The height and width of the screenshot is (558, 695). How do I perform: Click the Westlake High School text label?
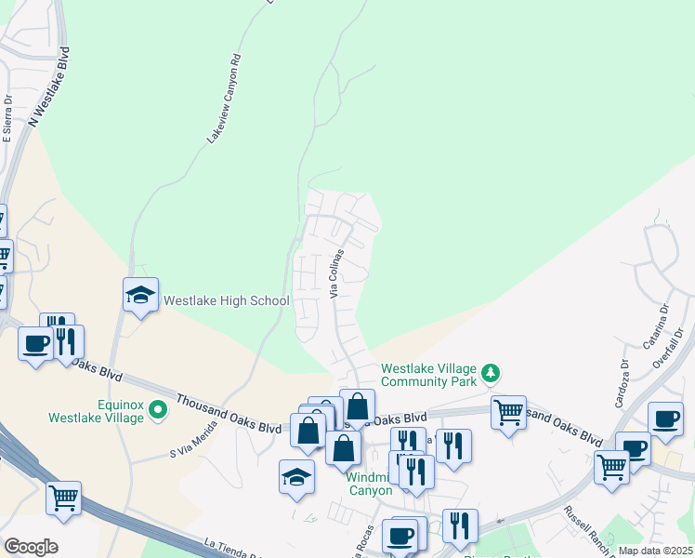(x=227, y=300)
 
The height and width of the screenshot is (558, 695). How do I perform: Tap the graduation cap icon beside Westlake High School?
(x=140, y=295)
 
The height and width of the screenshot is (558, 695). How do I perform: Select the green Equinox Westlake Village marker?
(x=158, y=407)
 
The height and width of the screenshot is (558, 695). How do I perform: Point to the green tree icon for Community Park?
(x=491, y=374)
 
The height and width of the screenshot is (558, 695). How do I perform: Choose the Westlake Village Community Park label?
(x=428, y=374)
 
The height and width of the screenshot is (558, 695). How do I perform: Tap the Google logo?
(x=31, y=547)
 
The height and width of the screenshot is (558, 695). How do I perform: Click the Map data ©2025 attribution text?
(x=655, y=551)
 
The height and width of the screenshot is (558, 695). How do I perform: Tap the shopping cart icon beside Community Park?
(x=508, y=411)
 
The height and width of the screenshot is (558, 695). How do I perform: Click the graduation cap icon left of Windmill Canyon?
(x=296, y=477)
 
